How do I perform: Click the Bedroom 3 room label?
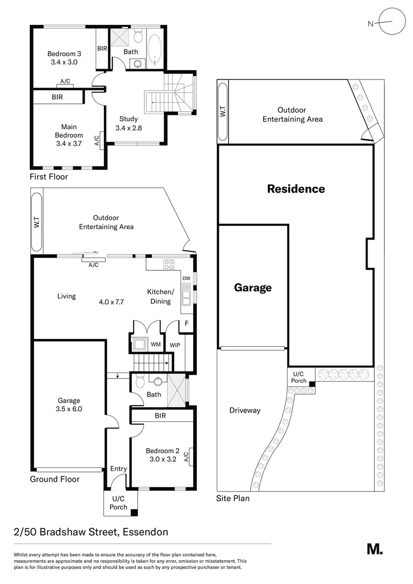(x=64, y=58)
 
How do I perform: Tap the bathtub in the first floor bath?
(x=154, y=50)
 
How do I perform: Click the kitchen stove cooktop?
(x=169, y=264)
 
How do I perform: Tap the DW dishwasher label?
(x=186, y=278)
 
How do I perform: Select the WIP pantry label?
(x=175, y=345)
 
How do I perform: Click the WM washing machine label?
(x=155, y=344)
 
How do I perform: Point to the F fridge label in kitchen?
(x=186, y=323)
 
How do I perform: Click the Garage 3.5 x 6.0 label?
(x=69, y=405)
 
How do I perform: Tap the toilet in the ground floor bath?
(x=139, y=382)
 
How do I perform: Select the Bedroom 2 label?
(x=162, y=455)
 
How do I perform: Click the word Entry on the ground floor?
(x=118, y=469)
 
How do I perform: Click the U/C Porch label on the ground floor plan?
(x=118, y=503)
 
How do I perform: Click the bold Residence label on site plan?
(x=296, y=189)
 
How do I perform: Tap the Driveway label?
(x=244, y=410)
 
